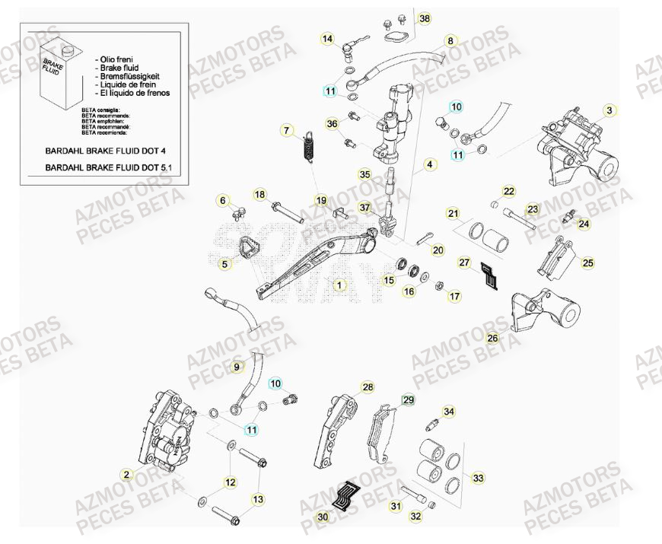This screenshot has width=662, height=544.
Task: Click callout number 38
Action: coord(425,18)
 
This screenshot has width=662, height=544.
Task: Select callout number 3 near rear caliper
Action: coord(609,110)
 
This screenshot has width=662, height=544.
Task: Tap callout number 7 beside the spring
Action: coord(287,130)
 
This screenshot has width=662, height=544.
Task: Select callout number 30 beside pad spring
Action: coord(323,517)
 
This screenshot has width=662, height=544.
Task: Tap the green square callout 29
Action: coord(408,400)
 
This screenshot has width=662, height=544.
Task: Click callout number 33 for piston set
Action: coord(478,479)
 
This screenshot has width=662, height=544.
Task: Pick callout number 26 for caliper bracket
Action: coord(492,339)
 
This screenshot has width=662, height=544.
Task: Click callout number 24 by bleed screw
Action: coord(584,224)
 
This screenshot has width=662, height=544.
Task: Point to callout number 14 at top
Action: coord(327,38)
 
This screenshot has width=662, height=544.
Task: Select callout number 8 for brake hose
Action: coord(450,40)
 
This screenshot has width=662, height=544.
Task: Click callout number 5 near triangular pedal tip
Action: coord(224,264)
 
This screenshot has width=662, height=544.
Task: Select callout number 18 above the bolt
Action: coord(259,194)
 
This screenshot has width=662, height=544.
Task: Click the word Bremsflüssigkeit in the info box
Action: coord(134,75)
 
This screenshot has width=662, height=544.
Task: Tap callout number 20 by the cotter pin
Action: coord(438,250)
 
